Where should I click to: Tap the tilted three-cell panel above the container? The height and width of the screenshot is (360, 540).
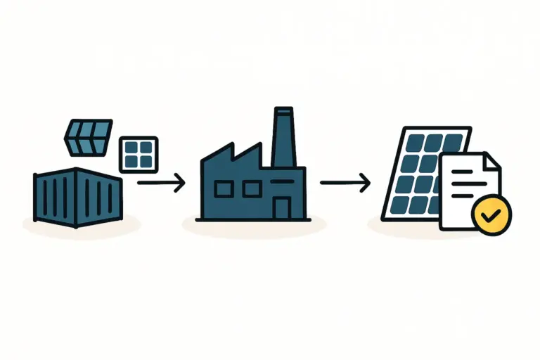pos(88,136)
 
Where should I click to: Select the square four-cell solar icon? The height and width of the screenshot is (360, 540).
pos(139,155)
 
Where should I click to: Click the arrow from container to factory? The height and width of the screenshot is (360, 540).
pos(161,184)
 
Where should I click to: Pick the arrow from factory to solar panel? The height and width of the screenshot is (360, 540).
pos(345,184)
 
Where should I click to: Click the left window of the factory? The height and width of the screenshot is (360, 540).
pos(224,188)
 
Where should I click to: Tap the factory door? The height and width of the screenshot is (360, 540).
pos(282,207)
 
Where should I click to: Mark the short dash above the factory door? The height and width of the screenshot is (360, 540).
pos(281,181)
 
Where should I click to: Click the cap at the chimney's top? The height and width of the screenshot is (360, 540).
pos(283,110)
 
